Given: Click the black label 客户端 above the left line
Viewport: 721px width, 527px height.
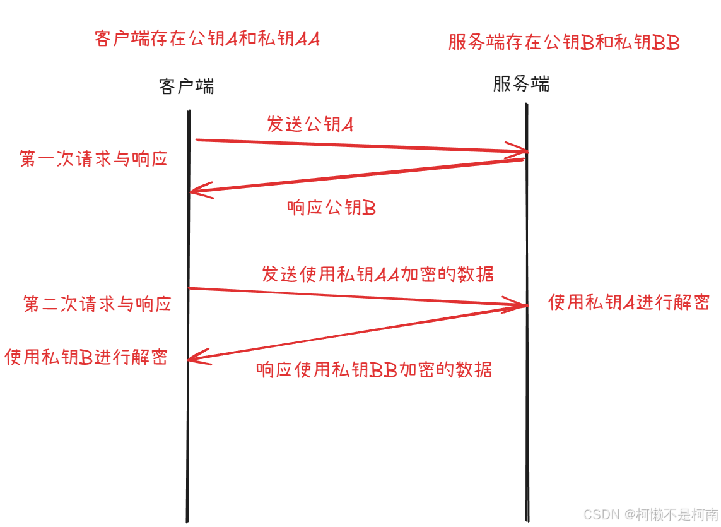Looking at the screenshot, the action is (187, 86).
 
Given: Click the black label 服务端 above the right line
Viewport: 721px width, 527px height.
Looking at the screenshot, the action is (521, 83).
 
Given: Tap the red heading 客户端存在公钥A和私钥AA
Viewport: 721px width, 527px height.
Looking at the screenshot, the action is (207, 38).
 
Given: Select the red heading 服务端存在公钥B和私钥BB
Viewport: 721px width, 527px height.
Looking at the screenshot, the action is (564, 42).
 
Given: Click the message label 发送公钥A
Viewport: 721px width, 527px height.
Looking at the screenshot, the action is (310, 124).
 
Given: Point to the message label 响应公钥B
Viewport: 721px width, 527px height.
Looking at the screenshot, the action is (331, 208).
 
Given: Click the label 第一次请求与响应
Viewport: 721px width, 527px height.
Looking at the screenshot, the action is (94, 158).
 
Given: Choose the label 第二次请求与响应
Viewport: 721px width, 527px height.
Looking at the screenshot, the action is (97, 304).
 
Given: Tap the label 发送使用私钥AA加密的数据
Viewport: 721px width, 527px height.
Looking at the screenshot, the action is (377, 274).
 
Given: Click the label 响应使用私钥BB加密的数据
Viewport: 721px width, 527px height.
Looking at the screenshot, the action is (374, 369).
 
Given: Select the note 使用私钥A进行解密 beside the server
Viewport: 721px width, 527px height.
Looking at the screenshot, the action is (628, 302).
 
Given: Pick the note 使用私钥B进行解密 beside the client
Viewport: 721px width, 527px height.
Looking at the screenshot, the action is (86, 357).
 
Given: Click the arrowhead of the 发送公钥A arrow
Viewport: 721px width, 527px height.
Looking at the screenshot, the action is (523, 152).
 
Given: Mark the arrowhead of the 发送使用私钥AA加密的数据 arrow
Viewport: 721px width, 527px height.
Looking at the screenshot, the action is (523, 305).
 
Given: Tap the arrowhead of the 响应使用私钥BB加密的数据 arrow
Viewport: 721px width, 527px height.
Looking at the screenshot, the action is (192, 358).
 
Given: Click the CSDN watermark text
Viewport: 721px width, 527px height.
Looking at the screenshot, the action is (650, 514).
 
